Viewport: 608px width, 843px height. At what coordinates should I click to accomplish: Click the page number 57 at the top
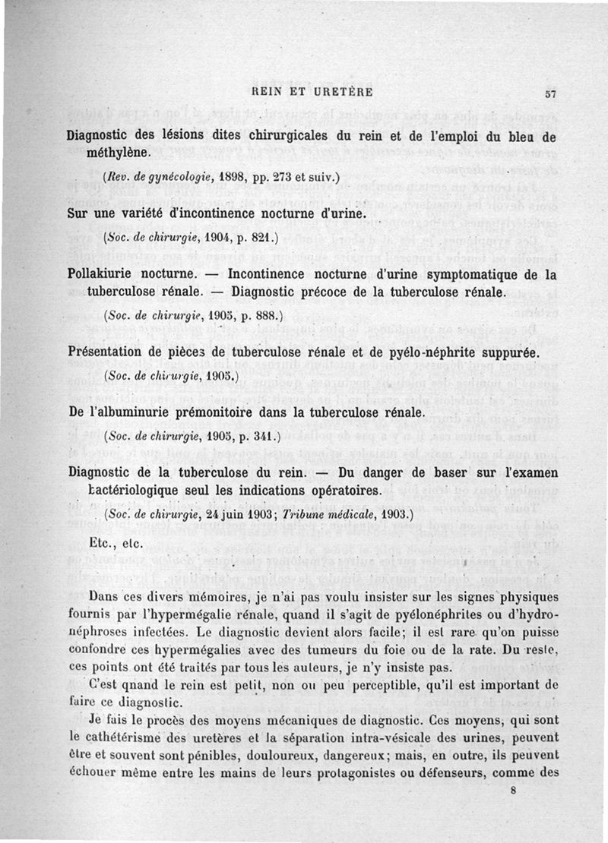[x=553, y=94]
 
